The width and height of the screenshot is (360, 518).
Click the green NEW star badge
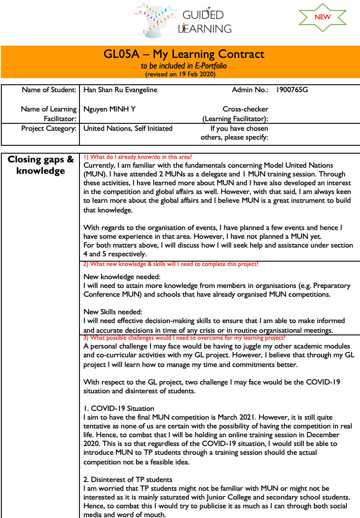coord(322,17)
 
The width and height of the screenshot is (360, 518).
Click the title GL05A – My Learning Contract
coord(184,54)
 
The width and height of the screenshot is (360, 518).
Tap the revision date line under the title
coord(180,74)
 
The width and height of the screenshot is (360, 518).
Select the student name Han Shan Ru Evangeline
coord(120,90)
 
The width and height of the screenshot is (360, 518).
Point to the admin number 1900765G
coord(292,90)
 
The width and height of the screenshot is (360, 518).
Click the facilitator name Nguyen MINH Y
coord(109,109)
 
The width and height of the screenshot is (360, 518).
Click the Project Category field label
coord(49,129)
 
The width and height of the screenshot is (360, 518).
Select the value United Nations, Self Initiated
coord(128,129)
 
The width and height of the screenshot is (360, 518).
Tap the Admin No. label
coord(250,90)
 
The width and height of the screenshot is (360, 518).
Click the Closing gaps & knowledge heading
coord(41,165)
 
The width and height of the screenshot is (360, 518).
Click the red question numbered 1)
coord(138,157)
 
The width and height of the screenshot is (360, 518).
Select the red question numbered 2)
coord(171,264)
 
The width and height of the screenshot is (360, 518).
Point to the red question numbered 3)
coord(184,338)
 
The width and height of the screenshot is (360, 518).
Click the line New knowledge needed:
coord(122,277)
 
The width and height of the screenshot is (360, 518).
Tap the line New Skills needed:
coord(113,312)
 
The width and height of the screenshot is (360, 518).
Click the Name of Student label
coord(49,90)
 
